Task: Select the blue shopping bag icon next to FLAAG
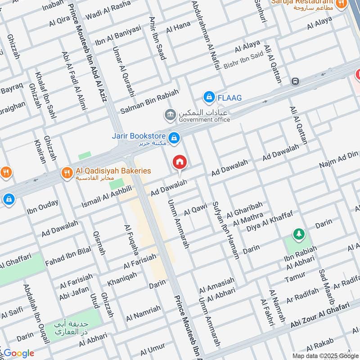[x=209, y=97]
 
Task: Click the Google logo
[x=19, y=353]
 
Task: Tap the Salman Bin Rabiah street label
[x=149, y=101]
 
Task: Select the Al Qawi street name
[x=195, y=209]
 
